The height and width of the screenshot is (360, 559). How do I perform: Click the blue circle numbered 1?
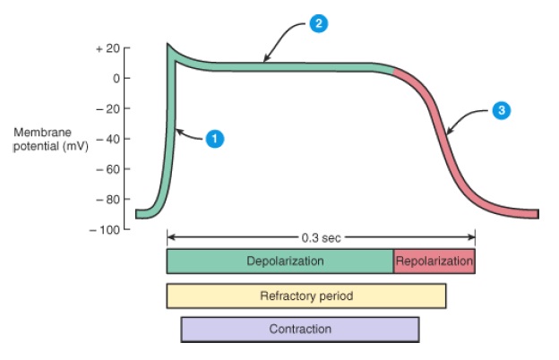[x=214, y=139]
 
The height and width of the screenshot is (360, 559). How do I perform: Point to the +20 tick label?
[x=107, y=47]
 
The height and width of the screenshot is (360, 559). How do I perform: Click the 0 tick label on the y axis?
[x=115, y=78]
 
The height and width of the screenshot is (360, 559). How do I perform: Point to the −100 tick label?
[x=105, y=229]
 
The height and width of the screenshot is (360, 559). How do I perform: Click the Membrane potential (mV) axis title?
[x=48, y=139]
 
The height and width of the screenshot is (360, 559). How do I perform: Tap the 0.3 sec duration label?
[x=322, y=238]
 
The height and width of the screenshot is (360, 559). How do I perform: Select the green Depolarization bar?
[x=279, y=261]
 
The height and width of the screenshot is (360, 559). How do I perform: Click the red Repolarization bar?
[x=434, y=261]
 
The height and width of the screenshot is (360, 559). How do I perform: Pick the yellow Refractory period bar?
[x=306, y=296]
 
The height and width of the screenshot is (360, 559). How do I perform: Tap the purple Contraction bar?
[x=300, y=330]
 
